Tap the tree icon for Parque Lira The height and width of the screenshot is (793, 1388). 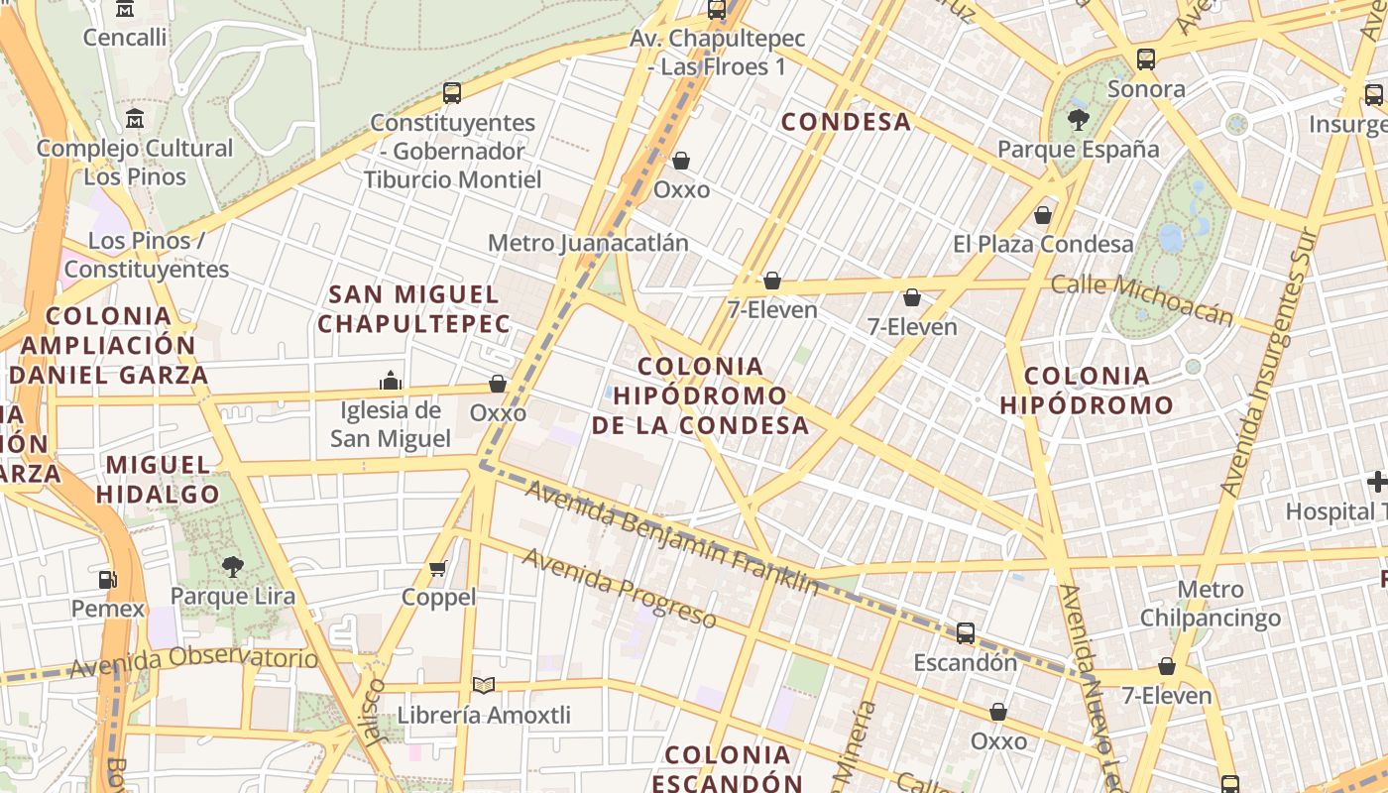coord(233,567)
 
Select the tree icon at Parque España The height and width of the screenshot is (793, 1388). coord(1078,120)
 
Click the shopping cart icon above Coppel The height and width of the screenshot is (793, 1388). coord(438,568)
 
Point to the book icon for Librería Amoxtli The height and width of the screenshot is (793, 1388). coord(483,685)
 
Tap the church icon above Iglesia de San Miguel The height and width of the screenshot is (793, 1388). coord(391,381)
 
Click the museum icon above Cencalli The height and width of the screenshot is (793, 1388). coord(125,9)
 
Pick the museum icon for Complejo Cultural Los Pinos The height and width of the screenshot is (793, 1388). coord(135,119)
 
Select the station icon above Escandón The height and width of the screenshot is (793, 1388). coord(965,632)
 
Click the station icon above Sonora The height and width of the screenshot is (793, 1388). coord(1146,59)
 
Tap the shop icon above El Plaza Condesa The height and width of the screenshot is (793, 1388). coord(1043,215)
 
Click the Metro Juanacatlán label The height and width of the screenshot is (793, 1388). coord(588,243)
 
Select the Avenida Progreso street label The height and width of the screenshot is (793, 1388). coord(619,588)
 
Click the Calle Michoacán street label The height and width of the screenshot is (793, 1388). coord(1142,298)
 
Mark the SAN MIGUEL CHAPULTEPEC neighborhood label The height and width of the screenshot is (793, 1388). coord(414,308)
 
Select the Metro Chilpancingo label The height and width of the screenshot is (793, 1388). coord(1211,604)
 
